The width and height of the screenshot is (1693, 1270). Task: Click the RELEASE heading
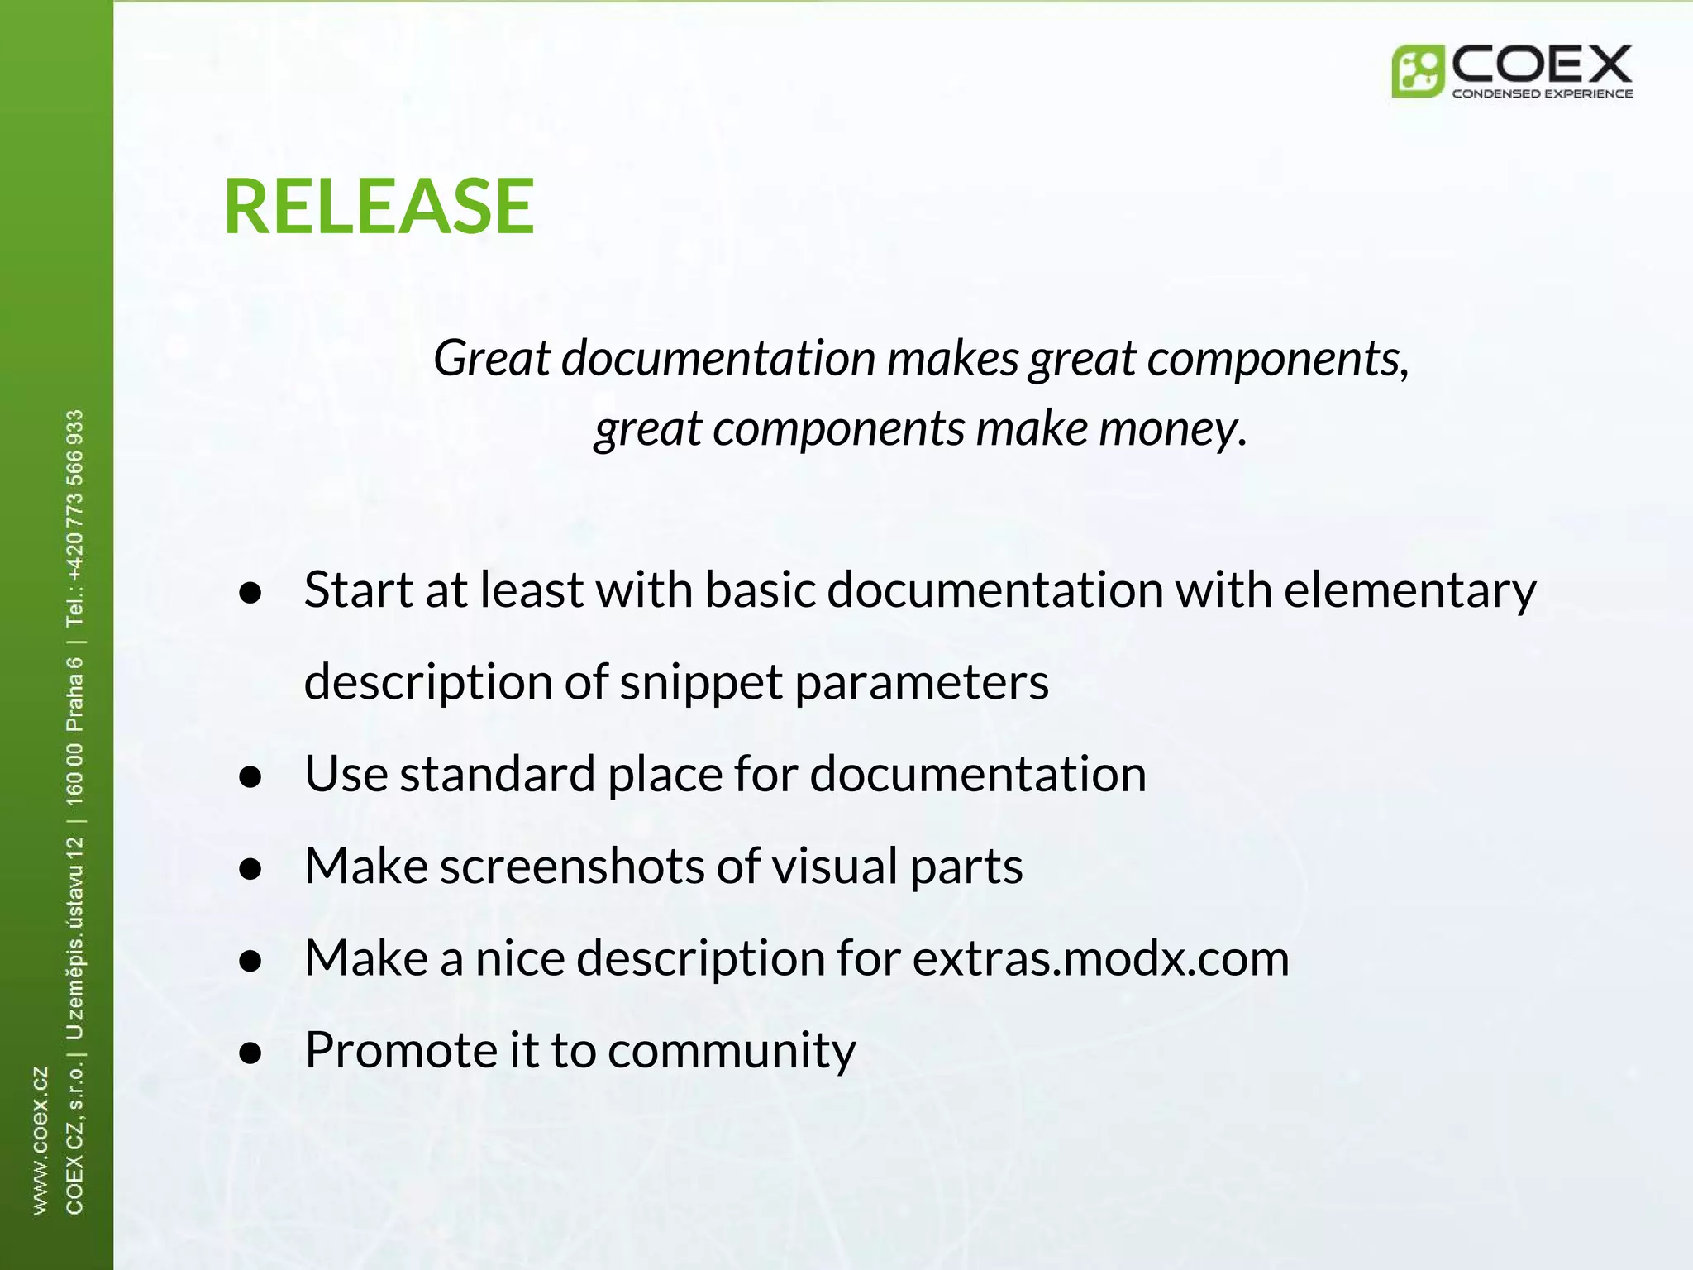click(x=379, y=206)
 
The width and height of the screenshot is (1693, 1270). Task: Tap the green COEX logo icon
click(x=1417, y=71)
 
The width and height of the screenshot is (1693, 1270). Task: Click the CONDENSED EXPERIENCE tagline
click(x=1542, y=93)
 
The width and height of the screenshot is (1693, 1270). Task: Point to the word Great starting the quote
click(x=492, y=358)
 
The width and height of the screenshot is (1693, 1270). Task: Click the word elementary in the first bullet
click(x=1409, y=590)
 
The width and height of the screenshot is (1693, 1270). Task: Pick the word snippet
click(x=700, y=682)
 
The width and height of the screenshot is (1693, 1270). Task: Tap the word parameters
click(x=922, y=682)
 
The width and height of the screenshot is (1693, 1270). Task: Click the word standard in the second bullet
click(x=498, y=774)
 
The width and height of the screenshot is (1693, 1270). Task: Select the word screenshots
click(x=572, y=867)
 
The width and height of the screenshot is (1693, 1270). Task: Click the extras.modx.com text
click(x=1100, y=958)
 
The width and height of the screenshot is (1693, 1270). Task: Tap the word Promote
click(x=400, y=1050)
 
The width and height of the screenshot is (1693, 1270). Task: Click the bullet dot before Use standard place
click(x=250, y=777)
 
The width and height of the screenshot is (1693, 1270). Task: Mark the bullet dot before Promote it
click(x=250, y=1053)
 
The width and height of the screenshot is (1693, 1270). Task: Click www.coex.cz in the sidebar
click(x=40, y=1140)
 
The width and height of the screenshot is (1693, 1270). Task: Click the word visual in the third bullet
click(x=835, y=867)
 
